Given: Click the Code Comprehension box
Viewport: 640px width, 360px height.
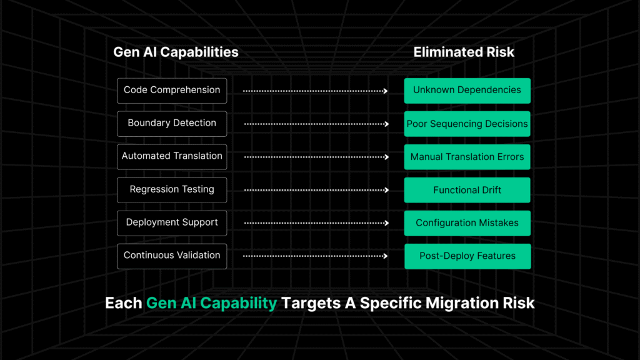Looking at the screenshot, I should point(172,90).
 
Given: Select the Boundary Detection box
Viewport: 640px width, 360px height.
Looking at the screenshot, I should point(172,123).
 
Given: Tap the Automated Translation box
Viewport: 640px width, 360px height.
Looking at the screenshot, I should point(172,156).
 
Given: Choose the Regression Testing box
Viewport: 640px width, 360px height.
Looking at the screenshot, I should point(172,189).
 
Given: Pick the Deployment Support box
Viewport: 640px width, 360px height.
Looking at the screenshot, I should point(172,222).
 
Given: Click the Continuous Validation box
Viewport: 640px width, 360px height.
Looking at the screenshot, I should point(172,256).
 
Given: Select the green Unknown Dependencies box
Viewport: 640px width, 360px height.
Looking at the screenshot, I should point(467,90).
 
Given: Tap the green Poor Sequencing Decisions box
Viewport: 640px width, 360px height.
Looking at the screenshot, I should point(467,124).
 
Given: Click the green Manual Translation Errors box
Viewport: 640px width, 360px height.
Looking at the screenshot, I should point(467,157).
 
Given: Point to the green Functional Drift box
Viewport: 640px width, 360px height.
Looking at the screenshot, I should point(467,190).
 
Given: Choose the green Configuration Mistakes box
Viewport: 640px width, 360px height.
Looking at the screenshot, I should point(467,223).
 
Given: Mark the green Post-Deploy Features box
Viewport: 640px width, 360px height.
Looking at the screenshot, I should point(467,256).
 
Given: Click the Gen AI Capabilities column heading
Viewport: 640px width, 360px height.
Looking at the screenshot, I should point(176,52).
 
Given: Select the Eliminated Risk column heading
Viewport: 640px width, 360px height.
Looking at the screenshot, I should point(464,52).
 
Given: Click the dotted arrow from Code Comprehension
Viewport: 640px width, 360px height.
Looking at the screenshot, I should point(315,91).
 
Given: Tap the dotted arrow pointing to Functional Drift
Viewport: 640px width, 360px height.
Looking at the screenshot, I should point(316,190).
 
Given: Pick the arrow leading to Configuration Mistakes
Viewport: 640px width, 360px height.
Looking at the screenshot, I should point(316,222).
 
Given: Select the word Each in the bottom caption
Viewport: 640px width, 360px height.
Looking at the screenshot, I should point(123,304).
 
